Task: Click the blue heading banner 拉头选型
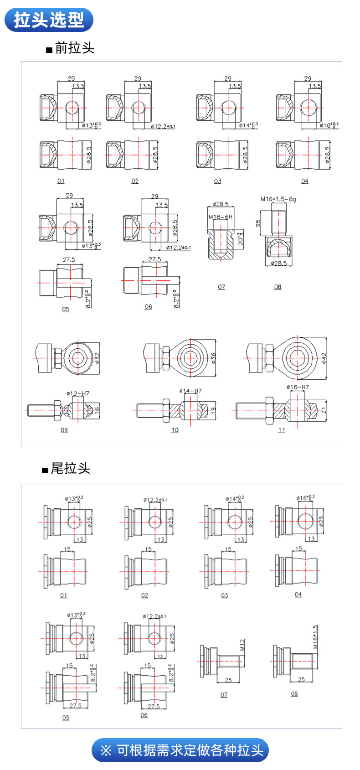pos(49,20)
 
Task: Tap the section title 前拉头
pos(74,48)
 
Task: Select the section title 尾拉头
pos(70,468)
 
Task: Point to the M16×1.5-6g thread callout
pos(278,199)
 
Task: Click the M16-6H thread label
pos(220,217)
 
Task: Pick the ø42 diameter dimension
pos(324,358)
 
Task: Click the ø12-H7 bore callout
pos(77,393)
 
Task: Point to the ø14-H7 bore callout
pos(190,391)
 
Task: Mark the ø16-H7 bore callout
pos(298,387)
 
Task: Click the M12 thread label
pos(242,645)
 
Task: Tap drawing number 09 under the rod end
pos(64,430)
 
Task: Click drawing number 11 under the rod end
pos(282,430)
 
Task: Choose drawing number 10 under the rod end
pos(175,430)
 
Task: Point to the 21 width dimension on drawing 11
pos(324,410)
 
